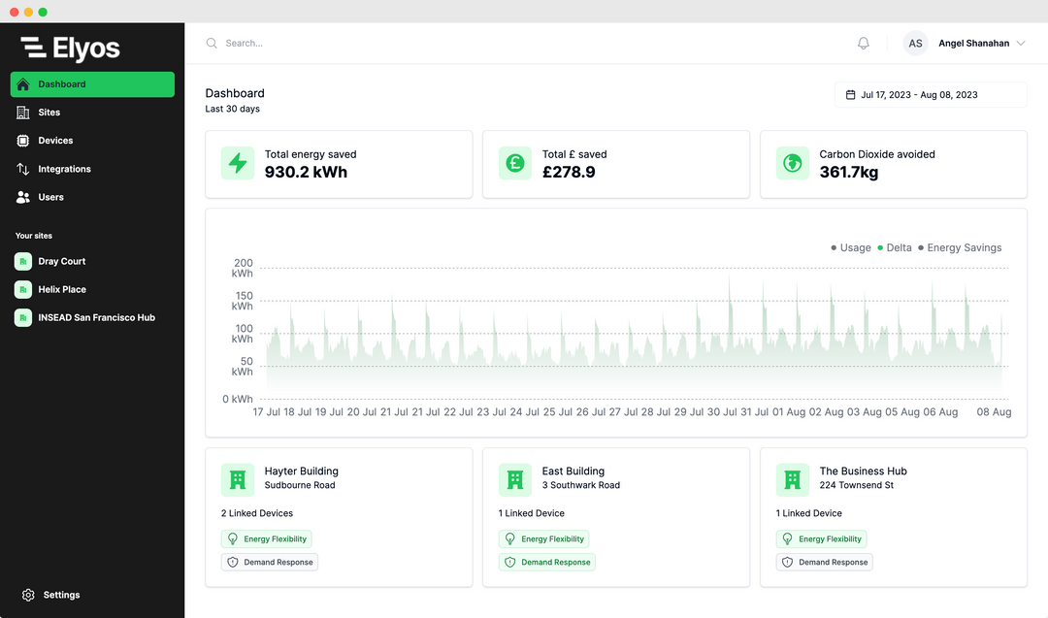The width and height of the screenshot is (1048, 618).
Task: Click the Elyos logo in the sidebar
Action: [x=70, y=48]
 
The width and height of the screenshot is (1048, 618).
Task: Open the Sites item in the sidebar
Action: [x=49, y=113]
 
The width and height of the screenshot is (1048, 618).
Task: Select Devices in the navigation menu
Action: [x=55, y=141]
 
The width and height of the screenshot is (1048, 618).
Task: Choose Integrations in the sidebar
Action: [x=64, y=169]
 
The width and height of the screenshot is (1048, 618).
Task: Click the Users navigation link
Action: [x=50, y=197]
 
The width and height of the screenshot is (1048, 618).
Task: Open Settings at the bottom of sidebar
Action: [x=61, y=595]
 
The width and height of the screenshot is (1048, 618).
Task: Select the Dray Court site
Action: [x=61, y=261]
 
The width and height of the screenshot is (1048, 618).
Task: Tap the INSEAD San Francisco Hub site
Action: [x=96, y=317]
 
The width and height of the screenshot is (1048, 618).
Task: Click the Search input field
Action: [x=388, y=44]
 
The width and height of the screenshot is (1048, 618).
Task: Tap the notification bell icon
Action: [x=864, y=44]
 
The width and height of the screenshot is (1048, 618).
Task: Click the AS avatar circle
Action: [x=915, y=44]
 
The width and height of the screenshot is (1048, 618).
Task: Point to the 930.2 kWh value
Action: [x=306, y=172]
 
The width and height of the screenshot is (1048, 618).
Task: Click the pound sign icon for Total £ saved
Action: [x=515, y=163]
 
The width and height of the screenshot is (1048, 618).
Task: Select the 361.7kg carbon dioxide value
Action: [x=849, y=172]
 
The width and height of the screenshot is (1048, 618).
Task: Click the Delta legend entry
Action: [x=895, y=247]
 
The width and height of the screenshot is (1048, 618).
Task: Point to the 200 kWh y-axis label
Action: [x=243, y=268]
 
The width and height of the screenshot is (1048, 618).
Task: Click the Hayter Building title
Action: [x=301, y=472]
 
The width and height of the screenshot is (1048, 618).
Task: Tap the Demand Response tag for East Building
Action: [x=548, y=562]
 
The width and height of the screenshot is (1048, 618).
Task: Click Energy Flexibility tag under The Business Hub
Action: [x=822, y=538]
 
